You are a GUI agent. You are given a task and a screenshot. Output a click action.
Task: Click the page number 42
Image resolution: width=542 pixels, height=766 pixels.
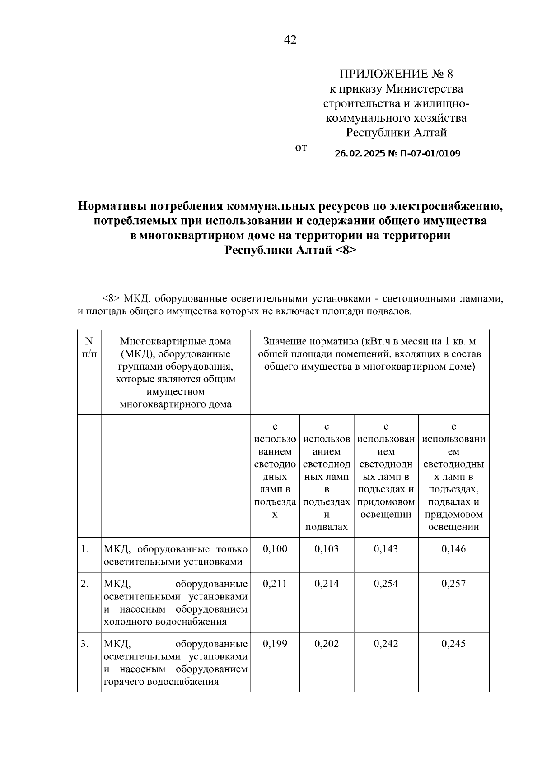[x=290, y=41]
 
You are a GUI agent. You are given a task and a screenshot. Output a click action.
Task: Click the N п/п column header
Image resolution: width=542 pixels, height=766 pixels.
[x=89, y=348]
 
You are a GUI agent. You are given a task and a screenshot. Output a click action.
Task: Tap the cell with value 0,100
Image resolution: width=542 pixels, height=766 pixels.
[x=275, y=549]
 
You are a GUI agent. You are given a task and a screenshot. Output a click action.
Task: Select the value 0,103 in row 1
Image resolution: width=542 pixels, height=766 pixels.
[x=326, y=549]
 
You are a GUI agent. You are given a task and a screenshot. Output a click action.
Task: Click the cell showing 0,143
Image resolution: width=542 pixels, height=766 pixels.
[x=386, y=549]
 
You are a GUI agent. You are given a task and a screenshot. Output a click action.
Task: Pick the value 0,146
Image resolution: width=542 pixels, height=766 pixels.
[x=453, y=549]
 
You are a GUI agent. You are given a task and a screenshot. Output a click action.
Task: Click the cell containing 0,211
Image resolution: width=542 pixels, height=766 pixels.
[x=275, y=584]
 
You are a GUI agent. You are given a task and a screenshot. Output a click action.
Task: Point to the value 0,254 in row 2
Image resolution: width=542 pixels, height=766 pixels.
[x=386, y=584]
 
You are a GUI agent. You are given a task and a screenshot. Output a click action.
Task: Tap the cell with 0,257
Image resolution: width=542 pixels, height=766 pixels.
[x=453, y=584]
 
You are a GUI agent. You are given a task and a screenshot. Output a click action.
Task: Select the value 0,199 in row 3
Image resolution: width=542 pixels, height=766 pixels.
[x=275, y=644]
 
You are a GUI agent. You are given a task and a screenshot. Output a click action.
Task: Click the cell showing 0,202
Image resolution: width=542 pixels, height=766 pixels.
[x=326, y=644]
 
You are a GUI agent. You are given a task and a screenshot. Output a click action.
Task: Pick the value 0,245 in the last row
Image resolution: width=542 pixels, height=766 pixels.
[x=453, y=644]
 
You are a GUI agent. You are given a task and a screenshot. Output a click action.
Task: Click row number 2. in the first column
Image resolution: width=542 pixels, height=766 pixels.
[x=84, y=584]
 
